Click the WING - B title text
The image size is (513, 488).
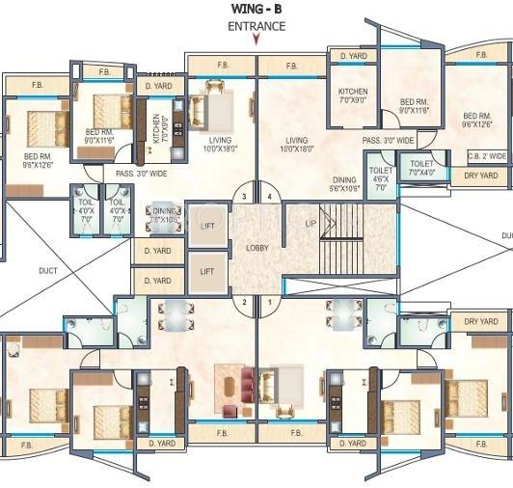(256, 9)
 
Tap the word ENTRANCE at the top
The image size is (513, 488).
(256, 26)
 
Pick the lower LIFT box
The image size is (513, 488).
(207, 272)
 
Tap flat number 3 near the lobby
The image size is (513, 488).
(245, 197)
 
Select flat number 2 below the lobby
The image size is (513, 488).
(245, 302)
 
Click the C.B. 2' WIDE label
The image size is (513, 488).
(486, 156)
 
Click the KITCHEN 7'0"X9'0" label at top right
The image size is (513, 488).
(352, 96)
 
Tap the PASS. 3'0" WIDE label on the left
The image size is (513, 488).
(142, 174)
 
